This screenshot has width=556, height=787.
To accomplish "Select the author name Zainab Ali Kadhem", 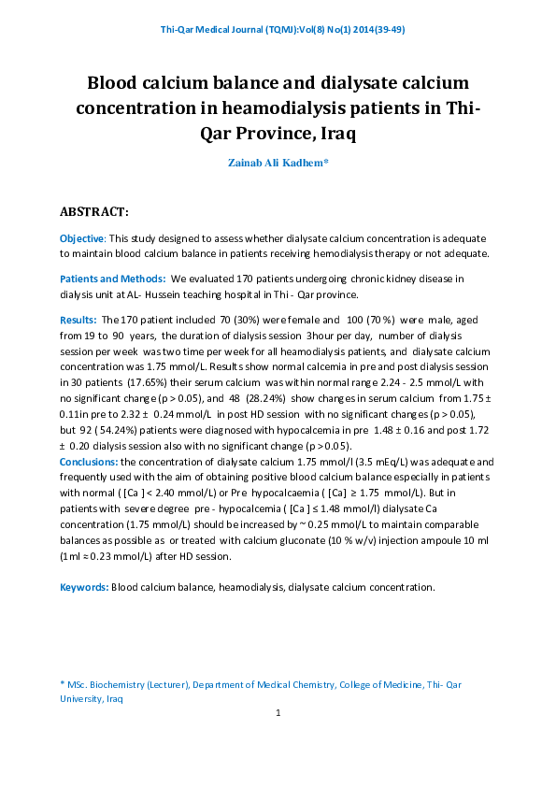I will point(278,163).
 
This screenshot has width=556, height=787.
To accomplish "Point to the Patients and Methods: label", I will point(112,279).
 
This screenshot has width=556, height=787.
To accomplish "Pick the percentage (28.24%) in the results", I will point(249,396).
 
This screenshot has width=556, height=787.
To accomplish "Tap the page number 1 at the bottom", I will point(278,713).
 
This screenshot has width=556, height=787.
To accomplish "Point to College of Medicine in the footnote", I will point(380,684).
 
